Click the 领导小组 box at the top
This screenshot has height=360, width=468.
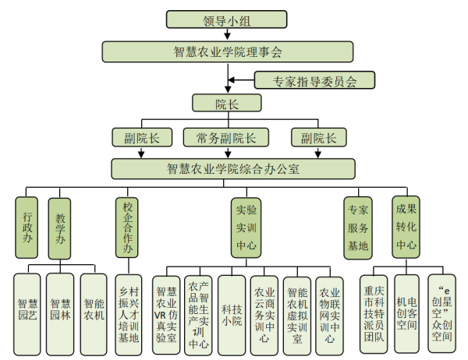point(227,20)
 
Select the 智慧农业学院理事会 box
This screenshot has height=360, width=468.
point(227,52)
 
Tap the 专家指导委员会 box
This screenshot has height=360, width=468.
point(315,79)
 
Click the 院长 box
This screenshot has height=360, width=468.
point(227,103)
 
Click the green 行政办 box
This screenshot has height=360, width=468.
point(27,227)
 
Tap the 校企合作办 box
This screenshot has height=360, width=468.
point(129,227)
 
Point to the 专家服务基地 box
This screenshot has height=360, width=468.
point(358,227)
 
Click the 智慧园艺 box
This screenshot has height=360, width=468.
point(27,309)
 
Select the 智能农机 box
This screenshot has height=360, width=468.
point(93,309)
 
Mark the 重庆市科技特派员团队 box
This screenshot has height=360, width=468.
point(374,309)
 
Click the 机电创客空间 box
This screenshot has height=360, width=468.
point(407,309)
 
